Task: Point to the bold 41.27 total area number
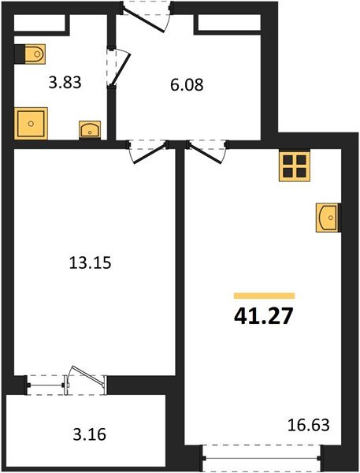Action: (262, 316)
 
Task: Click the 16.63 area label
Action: (310, 426)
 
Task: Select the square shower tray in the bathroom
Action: (32, 123)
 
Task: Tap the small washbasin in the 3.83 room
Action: (87, 129)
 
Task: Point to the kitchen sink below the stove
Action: (328, 216)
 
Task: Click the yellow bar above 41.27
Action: (264, 296)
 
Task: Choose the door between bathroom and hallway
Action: (118, 67)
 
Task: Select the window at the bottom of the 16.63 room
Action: (262, 455)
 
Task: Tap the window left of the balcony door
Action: (46, 385)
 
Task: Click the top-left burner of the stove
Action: (289, 160)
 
